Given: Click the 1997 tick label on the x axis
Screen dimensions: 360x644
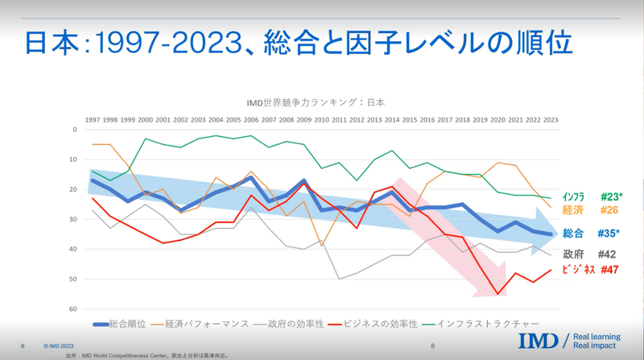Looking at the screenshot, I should (93, 120).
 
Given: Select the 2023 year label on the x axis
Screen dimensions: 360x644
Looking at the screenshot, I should (551, 120).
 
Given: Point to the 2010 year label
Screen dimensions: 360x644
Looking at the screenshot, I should (322, 120).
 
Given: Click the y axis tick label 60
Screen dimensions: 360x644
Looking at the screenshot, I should (73, 309).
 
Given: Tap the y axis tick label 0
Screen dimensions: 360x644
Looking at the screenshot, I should (75, 130).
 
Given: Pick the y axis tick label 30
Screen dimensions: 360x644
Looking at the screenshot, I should (73, 219).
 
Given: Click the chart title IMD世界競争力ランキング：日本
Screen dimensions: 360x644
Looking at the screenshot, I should (315, 102).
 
